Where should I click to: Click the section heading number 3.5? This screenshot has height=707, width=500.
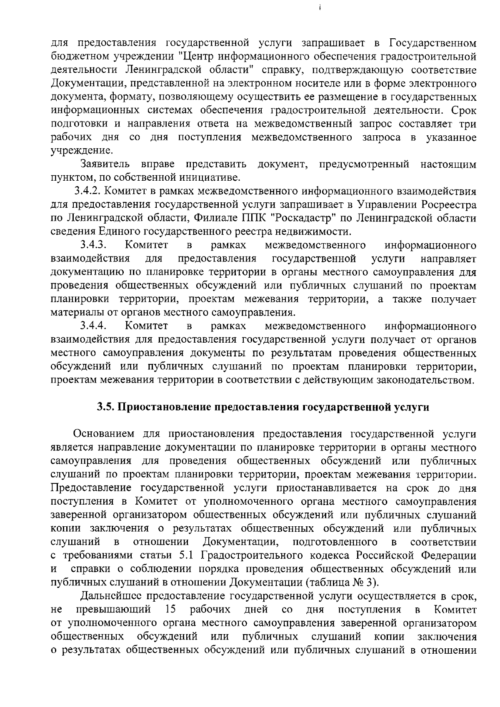pos(105,407)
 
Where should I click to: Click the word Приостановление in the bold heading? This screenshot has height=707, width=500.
pos(162,407)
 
